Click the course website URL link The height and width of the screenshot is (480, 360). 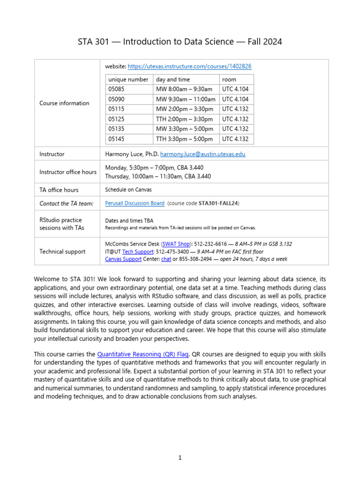coord(186,67)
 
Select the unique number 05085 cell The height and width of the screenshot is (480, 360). coord(116,89)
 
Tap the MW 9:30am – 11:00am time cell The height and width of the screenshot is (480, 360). coord(186,99)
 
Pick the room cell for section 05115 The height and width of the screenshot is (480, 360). coord(235,109)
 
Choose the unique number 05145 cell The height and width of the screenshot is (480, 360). coord(116,139)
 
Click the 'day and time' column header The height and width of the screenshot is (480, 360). coord(173,80)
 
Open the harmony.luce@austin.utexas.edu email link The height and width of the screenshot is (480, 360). coord(202,154)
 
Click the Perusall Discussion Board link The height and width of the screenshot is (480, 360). coord(135,203)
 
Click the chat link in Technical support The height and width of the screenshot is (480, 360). coord(166,259)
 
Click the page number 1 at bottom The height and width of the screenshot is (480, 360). coord(180,458)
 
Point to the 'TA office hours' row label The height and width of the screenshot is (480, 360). coord(59,190)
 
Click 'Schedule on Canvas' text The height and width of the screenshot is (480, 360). coord(128,190)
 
